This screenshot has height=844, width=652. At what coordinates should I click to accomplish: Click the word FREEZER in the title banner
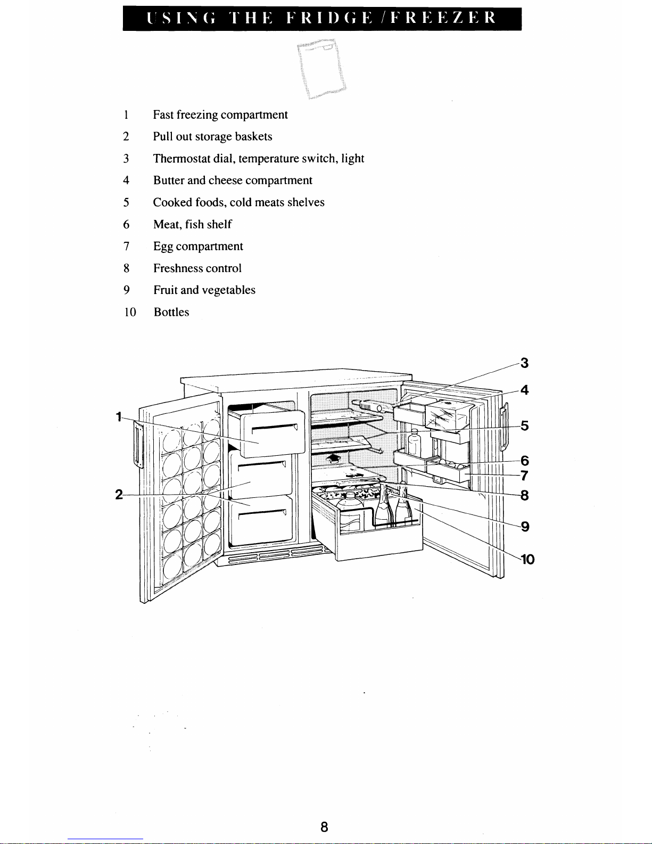pos(443,18)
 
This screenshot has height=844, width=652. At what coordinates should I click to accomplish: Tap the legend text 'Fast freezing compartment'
pos(220,115)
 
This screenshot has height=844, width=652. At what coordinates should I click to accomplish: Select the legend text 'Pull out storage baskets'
pos(212,137)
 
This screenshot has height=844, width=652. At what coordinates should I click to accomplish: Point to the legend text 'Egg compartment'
pos(198,247)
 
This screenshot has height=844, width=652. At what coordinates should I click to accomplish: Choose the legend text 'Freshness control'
pos(197,268)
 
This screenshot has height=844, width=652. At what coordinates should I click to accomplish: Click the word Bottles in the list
pos(171,312)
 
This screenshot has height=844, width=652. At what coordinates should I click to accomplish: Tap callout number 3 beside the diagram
pos(524,363)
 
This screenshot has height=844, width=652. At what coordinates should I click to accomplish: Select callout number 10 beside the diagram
pos(527,559)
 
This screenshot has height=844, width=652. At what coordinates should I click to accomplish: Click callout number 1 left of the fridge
pos(118,417)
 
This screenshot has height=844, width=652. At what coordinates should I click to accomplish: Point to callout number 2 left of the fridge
pos(119,495)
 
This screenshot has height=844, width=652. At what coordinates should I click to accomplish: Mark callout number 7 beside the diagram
pos(524,476)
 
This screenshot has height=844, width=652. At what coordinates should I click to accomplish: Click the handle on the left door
pos(138,445)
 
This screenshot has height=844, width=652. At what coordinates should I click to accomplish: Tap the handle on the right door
pos(504,427)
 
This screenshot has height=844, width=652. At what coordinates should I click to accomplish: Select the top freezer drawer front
pos(273,435)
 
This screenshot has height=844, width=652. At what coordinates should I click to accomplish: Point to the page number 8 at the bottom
pos(325,827)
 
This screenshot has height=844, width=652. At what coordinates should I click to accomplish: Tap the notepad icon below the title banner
pos(321,69)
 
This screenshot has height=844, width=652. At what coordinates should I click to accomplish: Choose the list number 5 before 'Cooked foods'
pos(126,203)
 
